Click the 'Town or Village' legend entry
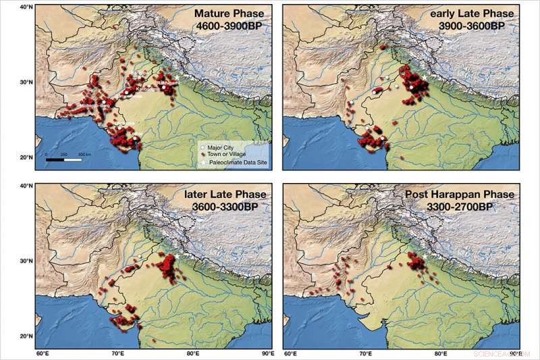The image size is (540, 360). pos(227,153)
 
